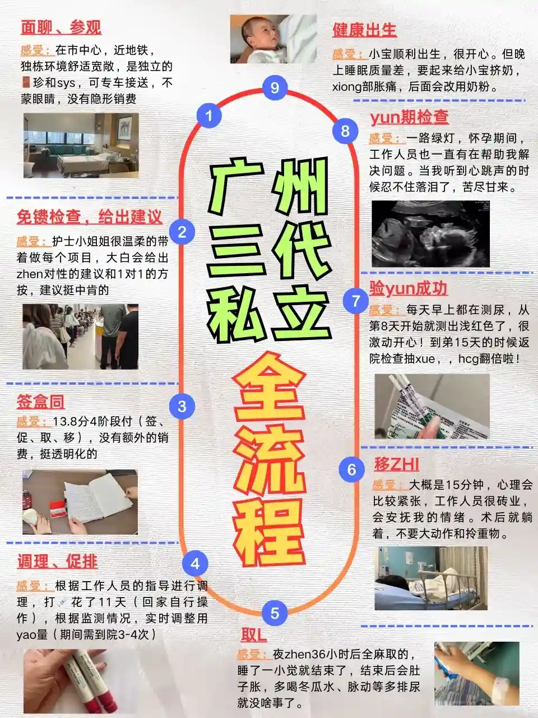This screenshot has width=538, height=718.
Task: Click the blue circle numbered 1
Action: (x=209, y=116)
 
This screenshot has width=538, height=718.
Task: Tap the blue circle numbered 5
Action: (x=275, y=613)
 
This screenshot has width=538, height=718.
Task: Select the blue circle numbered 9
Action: (x=275, y=88)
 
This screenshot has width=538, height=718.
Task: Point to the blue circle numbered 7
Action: (x=356, y=301)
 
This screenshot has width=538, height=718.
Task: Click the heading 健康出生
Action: (x=364, y=30)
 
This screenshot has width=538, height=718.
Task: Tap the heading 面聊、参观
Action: (x=61, y=27)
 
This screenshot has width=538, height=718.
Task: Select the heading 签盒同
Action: (x=40, y=402)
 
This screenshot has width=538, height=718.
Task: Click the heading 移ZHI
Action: (x=396, y=464)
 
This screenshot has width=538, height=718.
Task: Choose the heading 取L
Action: (x=254, y=635)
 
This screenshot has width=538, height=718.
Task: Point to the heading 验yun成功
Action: (x=409, y=288)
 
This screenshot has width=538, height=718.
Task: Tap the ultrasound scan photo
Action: (x=430, y=233)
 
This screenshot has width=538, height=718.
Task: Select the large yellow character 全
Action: (x=269, y=387)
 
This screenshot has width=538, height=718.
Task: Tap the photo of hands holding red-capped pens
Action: (x=66, y=681)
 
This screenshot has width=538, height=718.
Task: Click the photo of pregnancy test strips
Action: (x=432, y=406)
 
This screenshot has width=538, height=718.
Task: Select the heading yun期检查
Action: (x=409, y=117)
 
